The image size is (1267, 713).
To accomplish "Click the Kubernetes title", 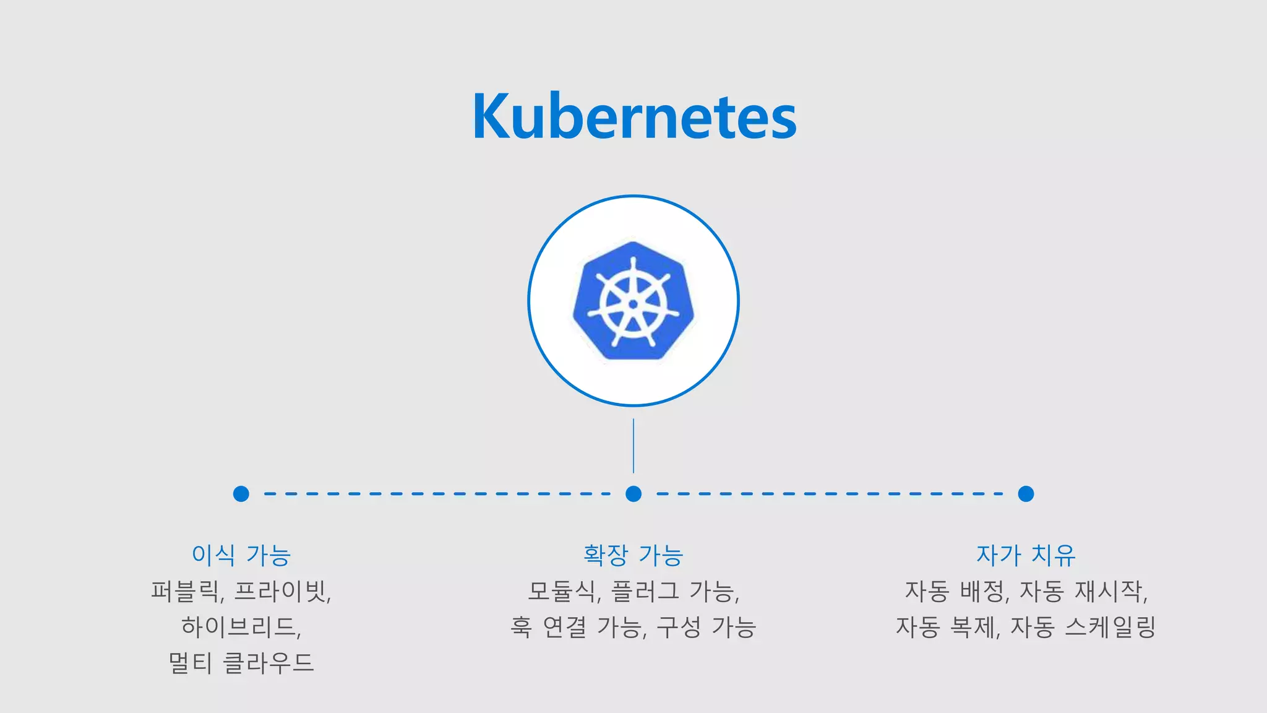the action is click(634, 116).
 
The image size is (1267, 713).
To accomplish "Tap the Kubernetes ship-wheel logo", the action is click(633, 301).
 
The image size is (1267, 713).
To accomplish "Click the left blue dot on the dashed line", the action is click(241, 494).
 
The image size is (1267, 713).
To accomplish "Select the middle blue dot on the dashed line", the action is click(633, 494).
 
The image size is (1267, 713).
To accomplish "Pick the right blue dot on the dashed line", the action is click(1026, 494).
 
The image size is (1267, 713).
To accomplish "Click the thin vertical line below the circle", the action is click(633, 446).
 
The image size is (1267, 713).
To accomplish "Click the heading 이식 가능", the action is click(241, 555).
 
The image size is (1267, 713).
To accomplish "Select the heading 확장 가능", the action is click(633, 555).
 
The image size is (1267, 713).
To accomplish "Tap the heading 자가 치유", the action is click(1026, 555).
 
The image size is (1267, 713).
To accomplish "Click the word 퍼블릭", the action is click(185, 592).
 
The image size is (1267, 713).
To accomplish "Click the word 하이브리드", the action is click(239, 628).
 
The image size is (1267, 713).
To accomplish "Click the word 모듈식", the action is click(562, 592).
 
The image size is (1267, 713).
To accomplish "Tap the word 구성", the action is click(679, 628).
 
